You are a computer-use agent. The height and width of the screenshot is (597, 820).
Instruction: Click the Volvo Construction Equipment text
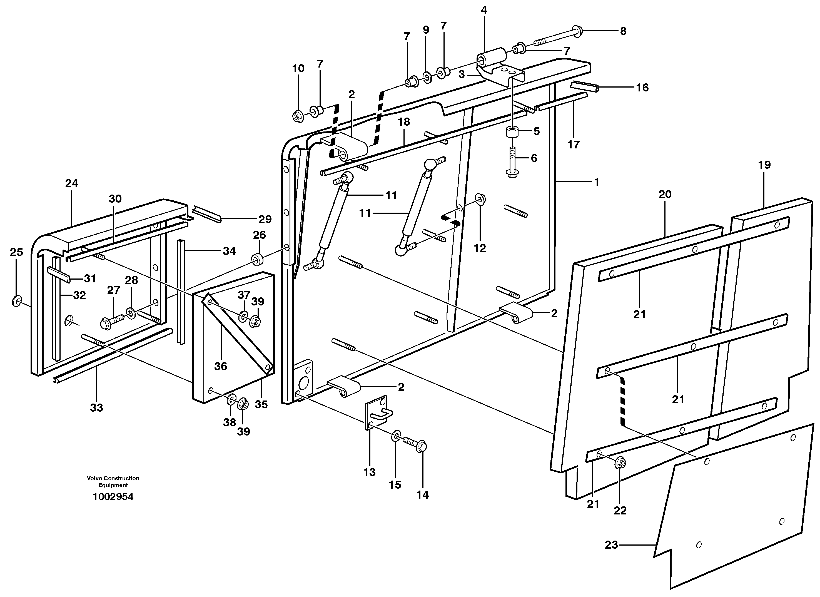click(113, 482)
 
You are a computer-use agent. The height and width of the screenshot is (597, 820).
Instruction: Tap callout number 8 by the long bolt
click(623, 31)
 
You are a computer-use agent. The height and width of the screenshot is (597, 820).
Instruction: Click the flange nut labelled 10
click(298, 116)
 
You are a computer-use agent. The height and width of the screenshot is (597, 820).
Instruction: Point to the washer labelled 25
click(17, 300)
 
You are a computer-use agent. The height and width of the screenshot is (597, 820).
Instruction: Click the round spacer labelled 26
click(257, 260)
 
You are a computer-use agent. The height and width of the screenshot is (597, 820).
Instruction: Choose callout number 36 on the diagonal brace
click(221, 366)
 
